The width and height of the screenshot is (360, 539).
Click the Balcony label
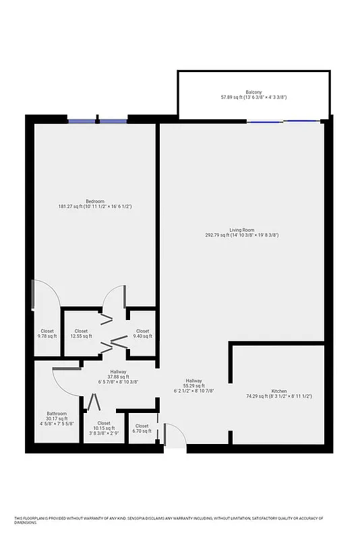(253, 92)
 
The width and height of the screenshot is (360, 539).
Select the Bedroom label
(95, 201)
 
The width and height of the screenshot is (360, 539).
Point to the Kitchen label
(279, 391)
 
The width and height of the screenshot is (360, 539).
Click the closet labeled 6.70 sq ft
(142, 428)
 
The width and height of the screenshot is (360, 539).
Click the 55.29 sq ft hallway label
(194, 386)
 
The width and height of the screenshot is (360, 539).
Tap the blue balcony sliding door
(283, 121)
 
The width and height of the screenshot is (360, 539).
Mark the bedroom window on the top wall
(98, 121)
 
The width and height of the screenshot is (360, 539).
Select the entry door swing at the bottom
(174, 437)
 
